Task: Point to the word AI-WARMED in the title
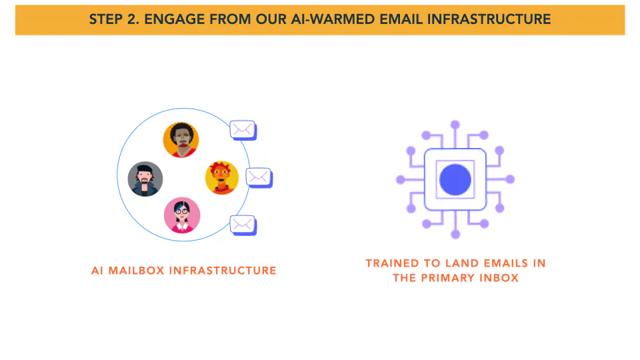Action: coord(333,19)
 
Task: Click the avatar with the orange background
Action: coord(181,140)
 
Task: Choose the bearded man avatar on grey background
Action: coord(145,179)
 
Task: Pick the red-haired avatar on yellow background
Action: coord(221,177)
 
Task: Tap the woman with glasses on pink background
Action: coord(182,215)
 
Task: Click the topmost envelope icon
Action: coord(243,130)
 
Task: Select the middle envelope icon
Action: coord(259,177)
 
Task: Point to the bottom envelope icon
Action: coord(243,225)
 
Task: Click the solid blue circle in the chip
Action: coord(455,179)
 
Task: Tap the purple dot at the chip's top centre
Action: coord(455,125)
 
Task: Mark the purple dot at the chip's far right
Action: coord(510,179)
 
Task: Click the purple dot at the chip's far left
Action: coord(401,179)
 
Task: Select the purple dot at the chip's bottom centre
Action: coord(455,234)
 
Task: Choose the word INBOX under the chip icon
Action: coord(499,278)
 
